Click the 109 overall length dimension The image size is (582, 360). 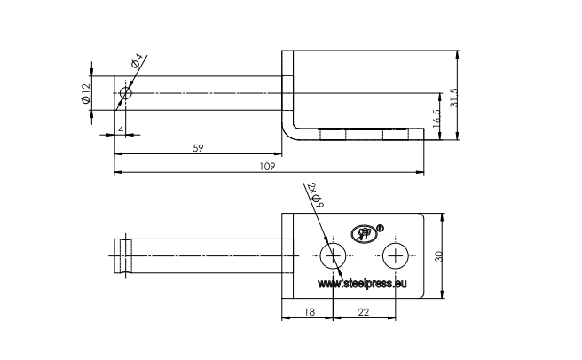(266, 166)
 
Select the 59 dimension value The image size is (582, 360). (199, 147)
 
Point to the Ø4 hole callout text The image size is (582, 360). (138, 62)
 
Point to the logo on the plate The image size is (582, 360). (365, 234)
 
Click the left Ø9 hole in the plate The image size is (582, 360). (333, 256)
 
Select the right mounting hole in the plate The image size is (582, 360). (395, 256)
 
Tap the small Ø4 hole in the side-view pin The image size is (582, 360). (125, 92)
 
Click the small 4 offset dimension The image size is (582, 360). (120, 129)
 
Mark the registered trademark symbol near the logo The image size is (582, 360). (381, 228)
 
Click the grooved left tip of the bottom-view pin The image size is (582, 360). (118, 255)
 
